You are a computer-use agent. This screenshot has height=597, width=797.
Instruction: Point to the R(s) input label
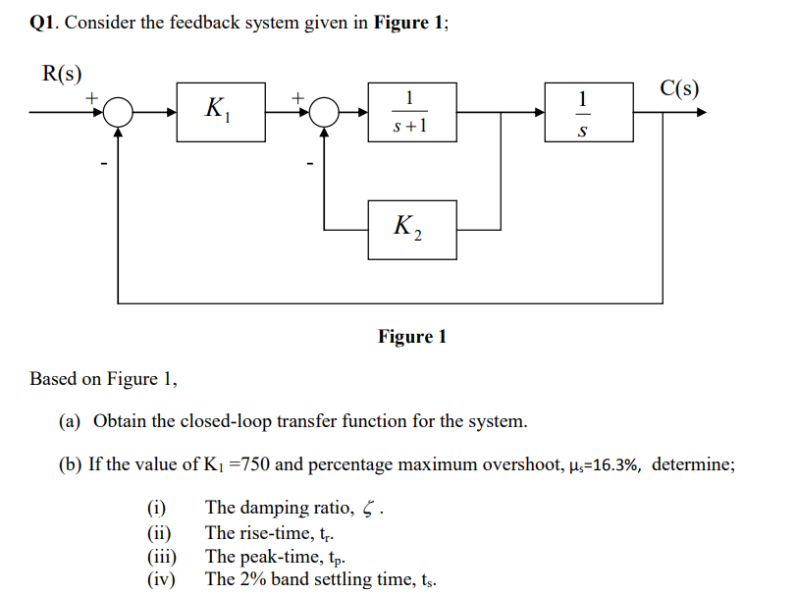[61, 74]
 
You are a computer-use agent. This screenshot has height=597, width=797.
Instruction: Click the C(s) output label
[679, 88]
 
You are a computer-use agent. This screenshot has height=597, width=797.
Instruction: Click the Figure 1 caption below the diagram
[412, 337]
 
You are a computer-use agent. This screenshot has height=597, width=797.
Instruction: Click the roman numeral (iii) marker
[162, 556]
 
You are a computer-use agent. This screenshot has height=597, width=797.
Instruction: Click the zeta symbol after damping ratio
[368, 509]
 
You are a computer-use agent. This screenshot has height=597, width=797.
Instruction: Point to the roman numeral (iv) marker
[161, 578]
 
